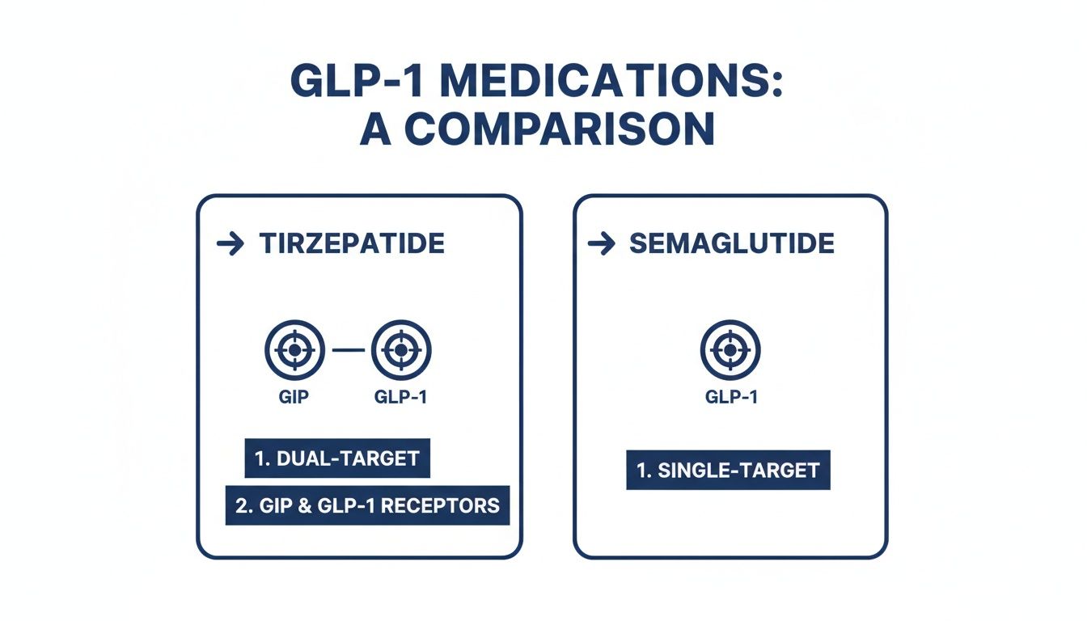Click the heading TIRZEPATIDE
pos(352,244)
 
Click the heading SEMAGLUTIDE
pos(732,244)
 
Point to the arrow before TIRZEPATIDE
pos(231,244)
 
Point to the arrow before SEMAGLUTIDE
pos(602,244)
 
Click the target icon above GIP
pos(294,350)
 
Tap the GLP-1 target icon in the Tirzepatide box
pos(400,350)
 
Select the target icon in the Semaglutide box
pos(730,350)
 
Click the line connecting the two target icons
pos(348,350)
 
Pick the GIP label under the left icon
pos(294,397)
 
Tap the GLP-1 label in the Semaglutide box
pos(731,397)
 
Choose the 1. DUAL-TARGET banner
pos(337,458)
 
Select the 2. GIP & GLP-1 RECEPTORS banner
pos(367,505)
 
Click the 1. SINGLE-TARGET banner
pos(728,470)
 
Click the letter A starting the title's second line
pos(375,131)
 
